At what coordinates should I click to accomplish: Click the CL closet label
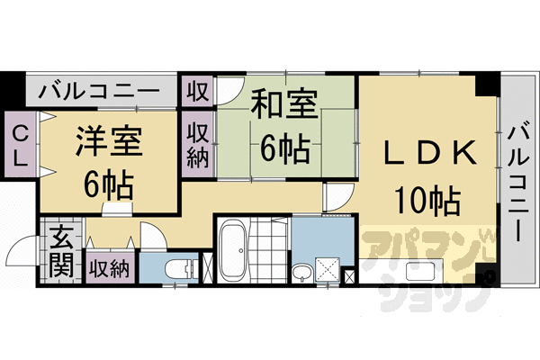click(x=18, y=145)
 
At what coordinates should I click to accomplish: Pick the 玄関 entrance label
click(x=61, y=252)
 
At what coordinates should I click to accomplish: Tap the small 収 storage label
click(x=196, y=91)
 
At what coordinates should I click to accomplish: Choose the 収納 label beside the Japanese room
click(x=198, y=144)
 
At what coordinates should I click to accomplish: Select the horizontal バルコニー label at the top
click(x=100, y=92)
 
